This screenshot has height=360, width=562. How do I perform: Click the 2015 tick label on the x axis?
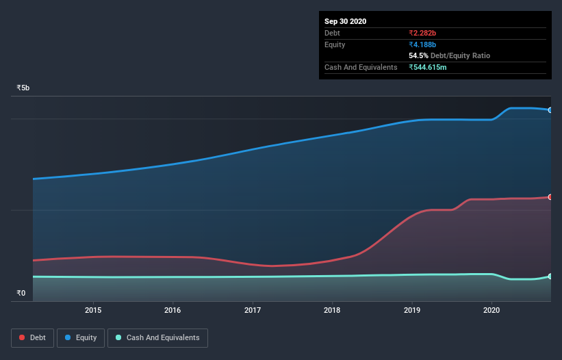pos(93,310)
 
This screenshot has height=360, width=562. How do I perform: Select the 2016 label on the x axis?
pos(173,310)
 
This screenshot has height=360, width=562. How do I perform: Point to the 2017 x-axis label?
pos(253,310)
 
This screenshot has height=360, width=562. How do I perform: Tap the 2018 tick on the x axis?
pos(332,310)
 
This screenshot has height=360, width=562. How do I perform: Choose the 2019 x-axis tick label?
pos(412,310)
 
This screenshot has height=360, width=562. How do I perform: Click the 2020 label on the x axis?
pos(491,310)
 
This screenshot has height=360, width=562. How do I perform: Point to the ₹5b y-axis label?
pos(23,88)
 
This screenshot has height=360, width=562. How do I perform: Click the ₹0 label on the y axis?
pos(21,294)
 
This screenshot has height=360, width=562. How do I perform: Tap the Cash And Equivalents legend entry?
pos(157,338)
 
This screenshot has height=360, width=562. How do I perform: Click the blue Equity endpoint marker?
pos(550,110)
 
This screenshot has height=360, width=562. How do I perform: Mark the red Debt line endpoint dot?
pos(550,197)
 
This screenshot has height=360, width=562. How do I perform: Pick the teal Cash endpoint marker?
pos(550,277)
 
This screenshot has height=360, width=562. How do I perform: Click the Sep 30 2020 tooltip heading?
pos(345,21)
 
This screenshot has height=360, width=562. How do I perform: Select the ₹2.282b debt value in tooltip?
pos(422,33)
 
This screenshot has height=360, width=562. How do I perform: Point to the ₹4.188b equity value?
pos(422,44)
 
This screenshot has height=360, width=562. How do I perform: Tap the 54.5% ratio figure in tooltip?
pos(418,55)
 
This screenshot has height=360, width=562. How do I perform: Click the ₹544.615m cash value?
pos(428,67)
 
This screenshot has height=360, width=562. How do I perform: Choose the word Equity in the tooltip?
pos(335,44)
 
